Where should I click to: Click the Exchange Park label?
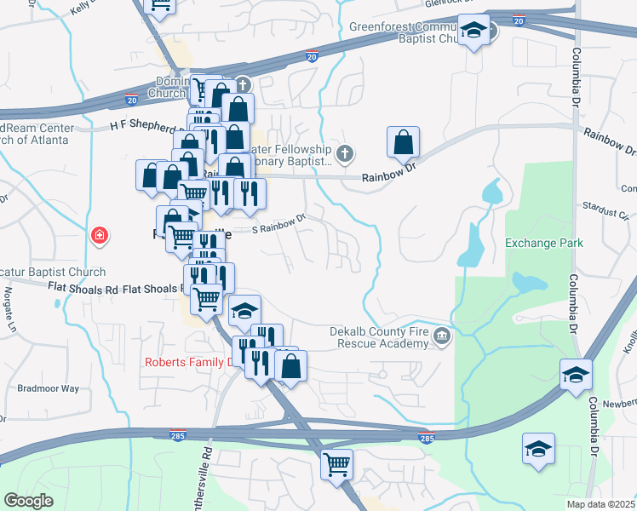(543, 243)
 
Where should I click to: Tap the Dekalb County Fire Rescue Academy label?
(380, 337)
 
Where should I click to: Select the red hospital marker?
(100, 234)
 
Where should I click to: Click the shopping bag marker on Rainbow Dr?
(403, 143)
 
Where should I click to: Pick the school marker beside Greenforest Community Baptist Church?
(474, 32)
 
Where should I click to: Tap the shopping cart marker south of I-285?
(337, 465)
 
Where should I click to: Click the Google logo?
(28, 502)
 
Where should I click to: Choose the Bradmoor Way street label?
(48, 388)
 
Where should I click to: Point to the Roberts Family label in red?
(188, 362)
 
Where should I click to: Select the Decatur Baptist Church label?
(53, 273)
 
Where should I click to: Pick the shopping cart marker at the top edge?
(160, 5)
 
